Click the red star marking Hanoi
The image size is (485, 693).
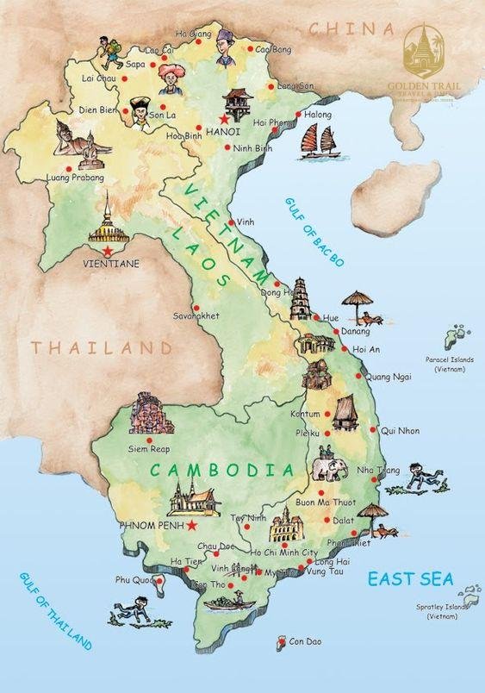[x=224, y=117]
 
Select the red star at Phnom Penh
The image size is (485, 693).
[x=192, y=525]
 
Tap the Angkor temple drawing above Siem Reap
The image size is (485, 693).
[x=151, y=415]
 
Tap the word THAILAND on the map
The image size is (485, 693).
[x=103, y=348]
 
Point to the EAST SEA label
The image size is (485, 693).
[x=410, y=578]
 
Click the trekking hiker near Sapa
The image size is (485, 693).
[x=109, y=53]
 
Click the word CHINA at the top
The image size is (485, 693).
[x=345, y=28]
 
